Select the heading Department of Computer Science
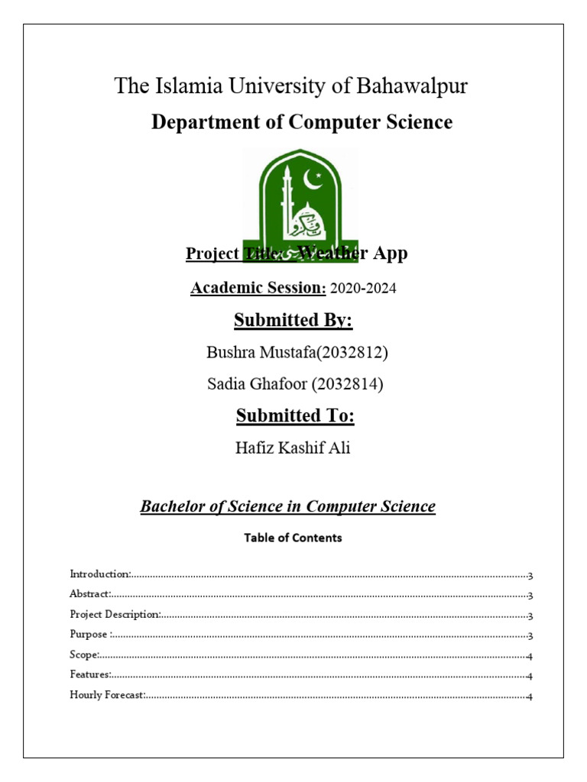pos(301,122)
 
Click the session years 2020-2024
pos(364,289)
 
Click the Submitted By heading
pos(293,320)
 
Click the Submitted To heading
pos(295,415)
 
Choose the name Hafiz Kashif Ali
pos(293,448)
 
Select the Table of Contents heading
pos(293,538)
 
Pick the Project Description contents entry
pos(115,615)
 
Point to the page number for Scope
pos(530,656)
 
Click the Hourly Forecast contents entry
pos(106,696)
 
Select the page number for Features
pos(530,676)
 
